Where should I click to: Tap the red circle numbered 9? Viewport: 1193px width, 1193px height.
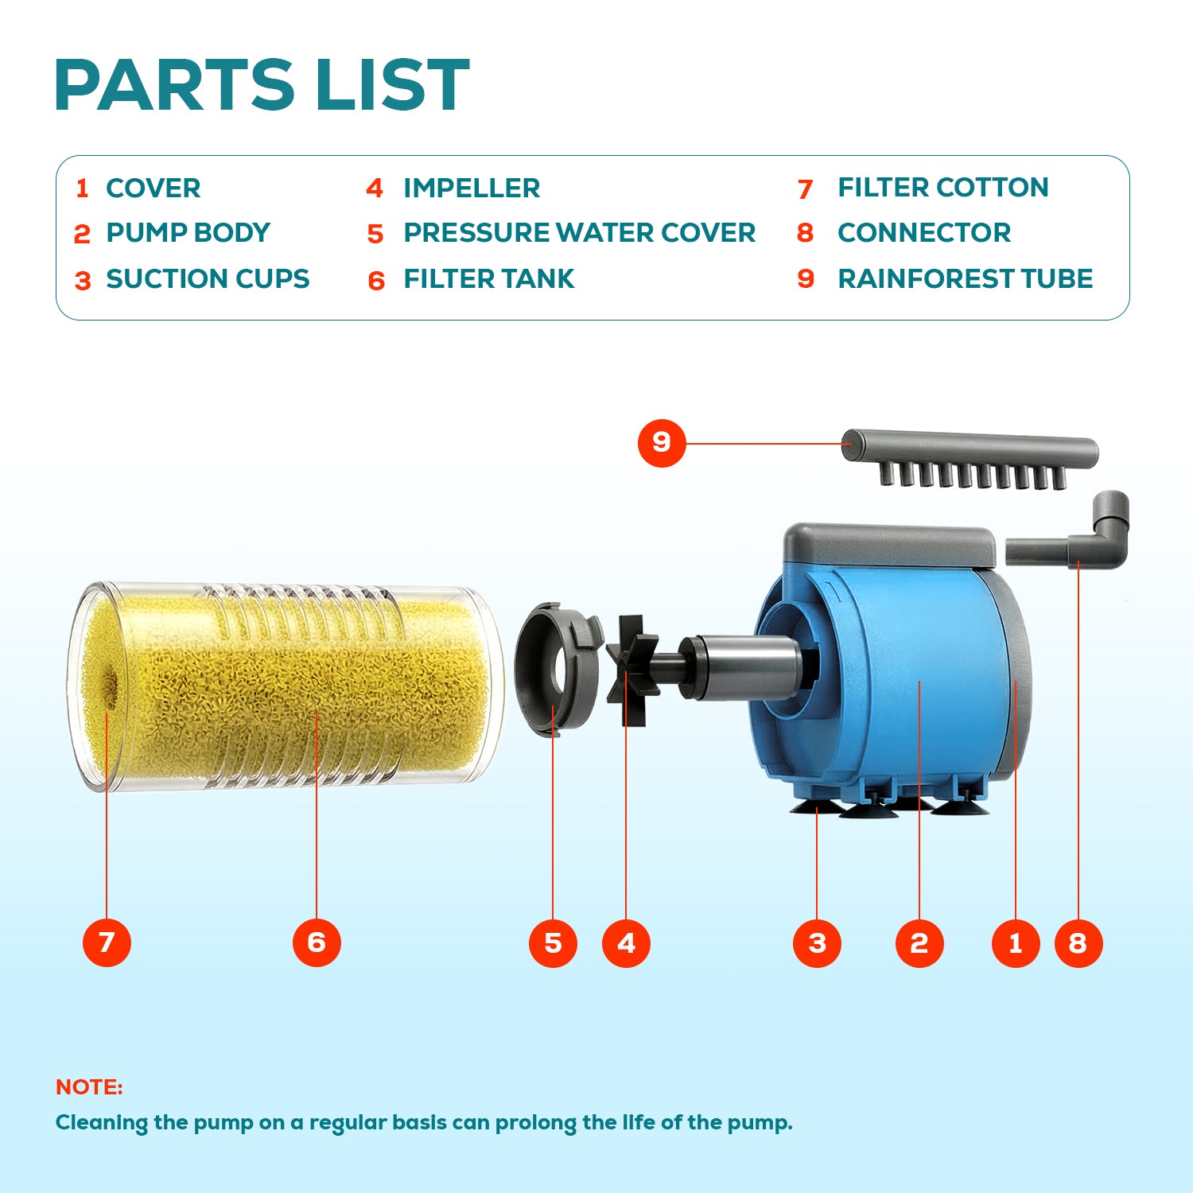tap(662, 442)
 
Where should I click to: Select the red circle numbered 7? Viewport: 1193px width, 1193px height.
tap(107, 942)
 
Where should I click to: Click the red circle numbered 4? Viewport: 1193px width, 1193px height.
tap(626, 943)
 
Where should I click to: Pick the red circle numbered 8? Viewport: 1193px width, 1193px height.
tap(1078, 943)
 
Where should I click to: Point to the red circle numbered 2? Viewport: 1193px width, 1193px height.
tap(919, 943)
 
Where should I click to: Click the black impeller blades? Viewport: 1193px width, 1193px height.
tap(633, 669)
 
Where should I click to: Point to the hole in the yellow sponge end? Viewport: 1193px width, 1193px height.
tap(111, 682)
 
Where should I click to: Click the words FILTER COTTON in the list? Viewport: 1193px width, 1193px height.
tap(943, 188)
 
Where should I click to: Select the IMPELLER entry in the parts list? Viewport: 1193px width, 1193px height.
tap(472, 188)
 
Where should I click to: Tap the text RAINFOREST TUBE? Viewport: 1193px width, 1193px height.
tap(966, 279)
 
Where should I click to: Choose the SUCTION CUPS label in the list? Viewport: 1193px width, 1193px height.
tap(208, 279)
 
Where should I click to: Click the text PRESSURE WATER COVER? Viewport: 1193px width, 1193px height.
tap(580, 233)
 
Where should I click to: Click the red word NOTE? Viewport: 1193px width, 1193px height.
tap(89, 1087)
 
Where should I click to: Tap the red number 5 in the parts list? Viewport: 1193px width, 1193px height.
tap(375, 235)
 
